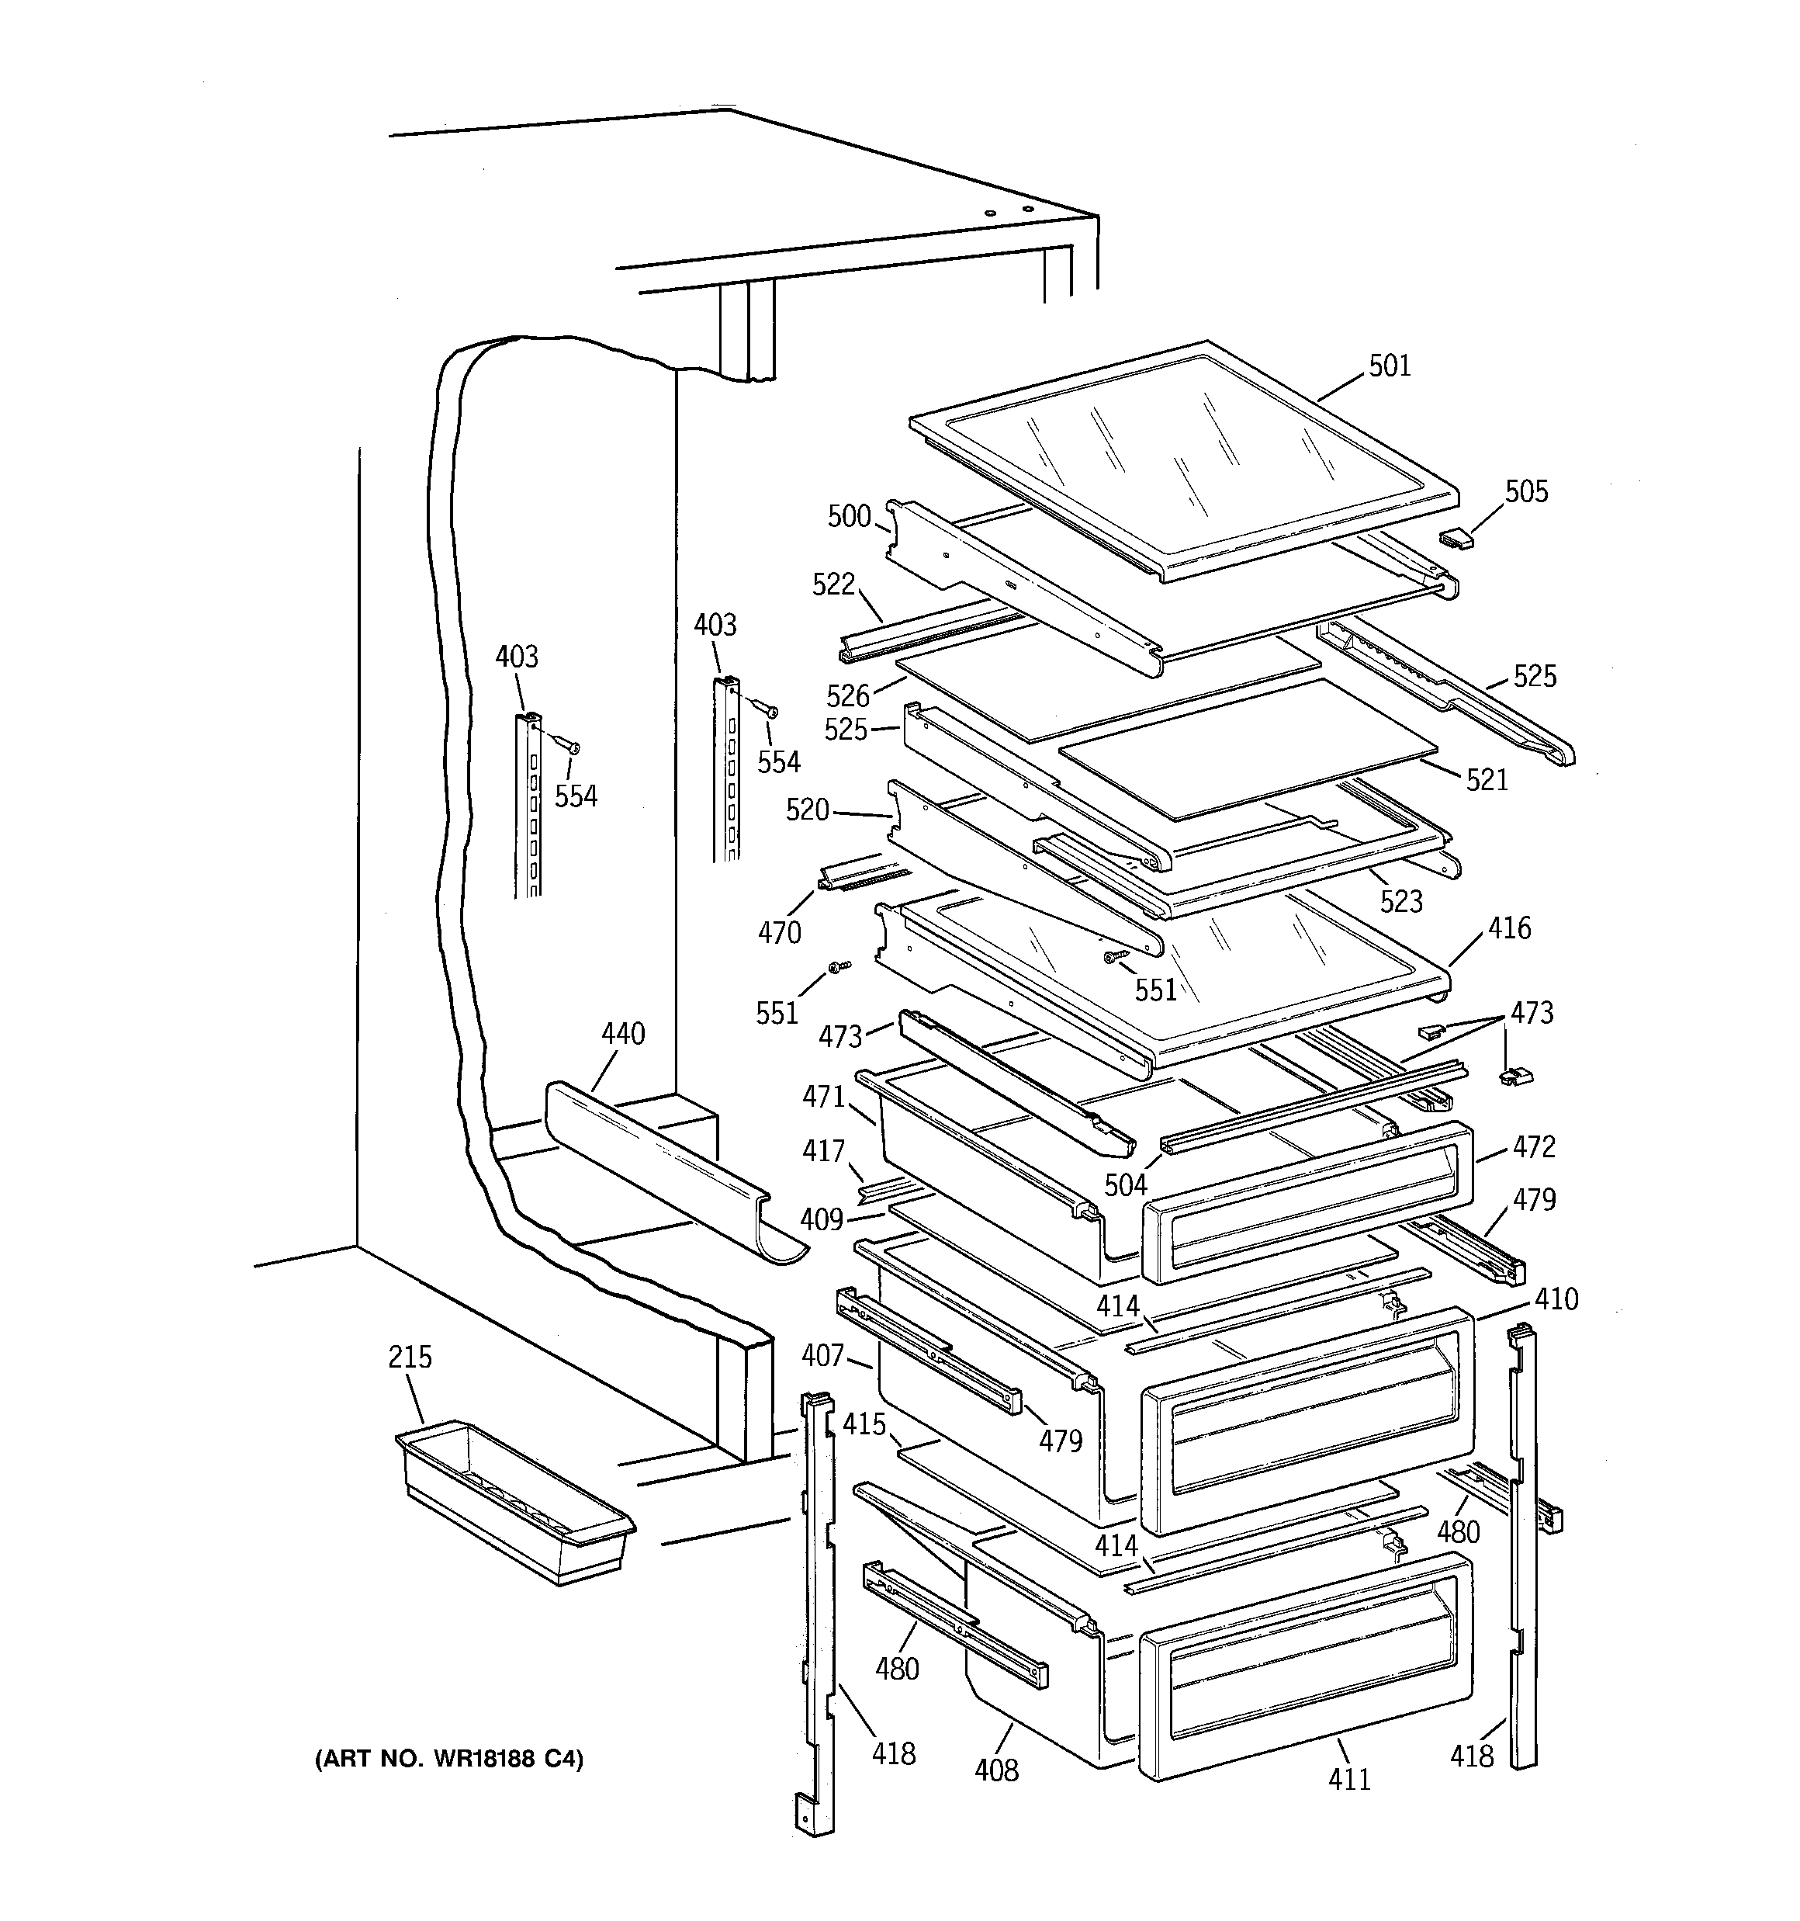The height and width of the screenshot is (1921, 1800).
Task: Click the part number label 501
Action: pyautogui.click(x=1390, y=366)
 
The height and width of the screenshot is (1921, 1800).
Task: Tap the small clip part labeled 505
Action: pyautogui.click(x=1457, y=538)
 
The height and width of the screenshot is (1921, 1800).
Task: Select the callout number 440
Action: pyautogui.click(x=623, y=1034)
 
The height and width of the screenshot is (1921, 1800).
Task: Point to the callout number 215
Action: pyautogui.click(x=410, y=1357)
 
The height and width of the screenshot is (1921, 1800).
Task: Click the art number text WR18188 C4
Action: pyautogui.click(x=449, y=1759)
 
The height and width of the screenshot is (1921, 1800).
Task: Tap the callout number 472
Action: pyautogui.click(x=1535, y=1147)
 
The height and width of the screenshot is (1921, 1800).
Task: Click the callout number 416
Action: pyautogui.click(x=1509, y=928)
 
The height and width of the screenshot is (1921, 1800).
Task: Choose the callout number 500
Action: pyautogui.click(x=850, y=517)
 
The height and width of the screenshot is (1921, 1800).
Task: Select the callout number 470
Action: pyautogui.click(x=780, y=932)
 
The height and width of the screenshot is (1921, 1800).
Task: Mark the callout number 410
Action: pyautogui.click(x=1556, y=1299)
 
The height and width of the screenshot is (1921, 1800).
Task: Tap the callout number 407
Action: pyautogui.click(x=823, y=1356)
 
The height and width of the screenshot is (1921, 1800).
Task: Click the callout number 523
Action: pyautogui.click(x=1401, y=902)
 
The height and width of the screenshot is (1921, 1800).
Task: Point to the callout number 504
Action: pyautogui.click(x=1126, y=1184)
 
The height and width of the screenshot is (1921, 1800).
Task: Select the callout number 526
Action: pyautogui.click(x=848, y=695)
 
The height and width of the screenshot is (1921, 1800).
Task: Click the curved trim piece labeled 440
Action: pyautogui.click(x=666, y=1169)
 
